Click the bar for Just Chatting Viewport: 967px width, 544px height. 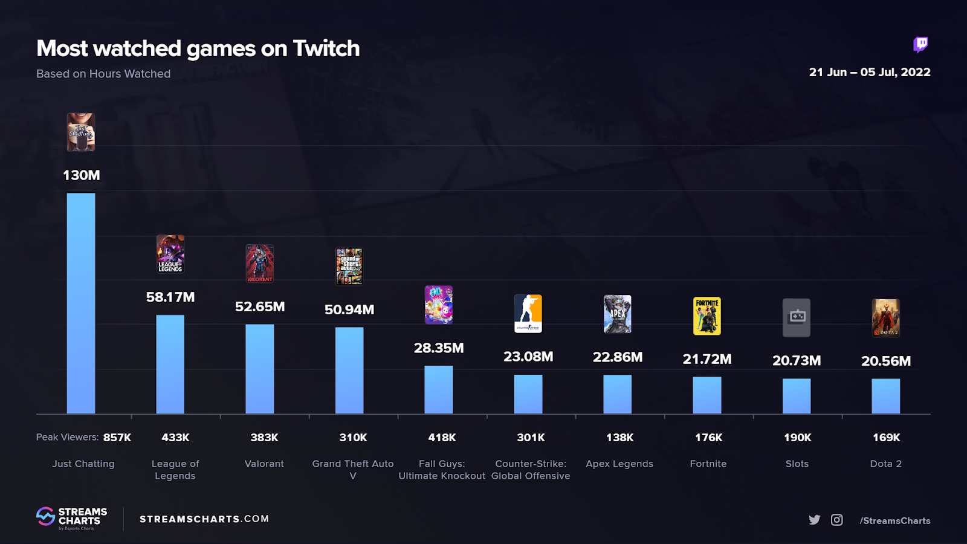pyautogui.click(x=81, y=303)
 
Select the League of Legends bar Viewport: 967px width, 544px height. pyautogui.click(x=170, y=364)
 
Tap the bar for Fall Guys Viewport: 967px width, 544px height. pyautogui.click(x=439, y=389)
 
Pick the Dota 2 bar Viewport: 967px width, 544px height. pyautogui.click(x=885, y=396)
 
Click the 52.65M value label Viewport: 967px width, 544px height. pyautogui.click(x=260, y=307)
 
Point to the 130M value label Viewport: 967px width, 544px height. pyautogui.click(x=82, y=175)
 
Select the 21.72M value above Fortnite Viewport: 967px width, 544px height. pyautogui.click(x=707, y=360)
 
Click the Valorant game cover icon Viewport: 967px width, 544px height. pyautogui.click(x=260, y=264)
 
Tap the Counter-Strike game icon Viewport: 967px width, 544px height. pyautogui.click(x=528, y=314)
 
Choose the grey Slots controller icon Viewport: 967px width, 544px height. pyautogui.click(x=797, y=317)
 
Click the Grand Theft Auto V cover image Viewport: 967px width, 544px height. pyautogui.click(x=349, y=266)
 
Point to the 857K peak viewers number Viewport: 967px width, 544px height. pyautogui.click(x=117, y=438)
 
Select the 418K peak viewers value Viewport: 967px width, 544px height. pyautogui.click(x=442, y=438)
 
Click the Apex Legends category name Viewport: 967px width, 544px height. pyautogui.click(x=619, y=464)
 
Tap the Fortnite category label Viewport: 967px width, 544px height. pyautogui.click(x=708, y=464)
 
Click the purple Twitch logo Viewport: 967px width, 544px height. pyautogui.click(x=920, y=44)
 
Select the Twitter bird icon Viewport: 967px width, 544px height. pyautogui.click(x=815, y=520)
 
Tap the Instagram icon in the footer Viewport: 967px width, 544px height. pyautogui.click(x=837, y=520)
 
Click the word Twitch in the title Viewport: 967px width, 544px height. pyautogui.click(x=326, y=48)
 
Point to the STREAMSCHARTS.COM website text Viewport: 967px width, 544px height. pyautogui.click(x=204, y=519)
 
